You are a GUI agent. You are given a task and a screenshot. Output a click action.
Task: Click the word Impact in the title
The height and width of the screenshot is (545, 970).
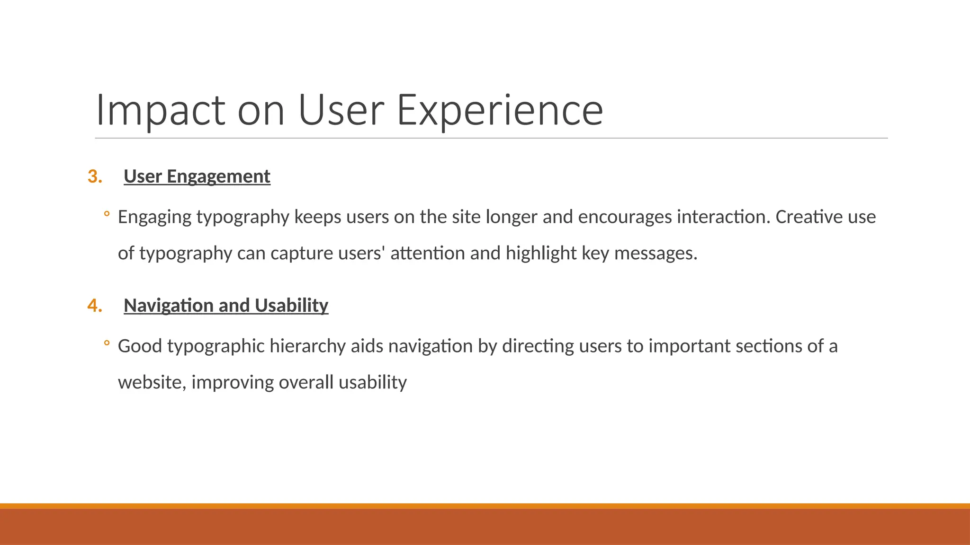pos(160,111)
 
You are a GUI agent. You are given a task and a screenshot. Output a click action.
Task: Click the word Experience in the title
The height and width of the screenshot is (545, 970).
pos(500,111)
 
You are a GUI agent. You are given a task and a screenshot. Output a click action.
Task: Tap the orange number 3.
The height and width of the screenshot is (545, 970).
pos(95,176)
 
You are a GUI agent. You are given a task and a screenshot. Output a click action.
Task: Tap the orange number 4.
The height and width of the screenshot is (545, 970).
pos(95,306)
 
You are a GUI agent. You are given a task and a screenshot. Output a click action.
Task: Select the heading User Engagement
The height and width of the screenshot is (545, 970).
pos(197,176)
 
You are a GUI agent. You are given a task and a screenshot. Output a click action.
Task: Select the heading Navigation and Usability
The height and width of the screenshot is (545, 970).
pos(226,306)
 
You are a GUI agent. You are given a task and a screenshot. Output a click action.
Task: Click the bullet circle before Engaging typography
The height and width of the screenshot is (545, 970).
pos(107,214)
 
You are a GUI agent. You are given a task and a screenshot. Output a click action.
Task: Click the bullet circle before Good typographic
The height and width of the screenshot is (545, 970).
pos(107,343)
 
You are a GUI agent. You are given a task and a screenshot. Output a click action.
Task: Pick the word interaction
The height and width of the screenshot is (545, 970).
pos(723,217)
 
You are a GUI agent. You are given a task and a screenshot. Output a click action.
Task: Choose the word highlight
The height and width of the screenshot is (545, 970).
pos(541,254)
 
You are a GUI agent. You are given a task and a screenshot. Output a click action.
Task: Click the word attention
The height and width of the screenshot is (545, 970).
pos(428,254)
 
